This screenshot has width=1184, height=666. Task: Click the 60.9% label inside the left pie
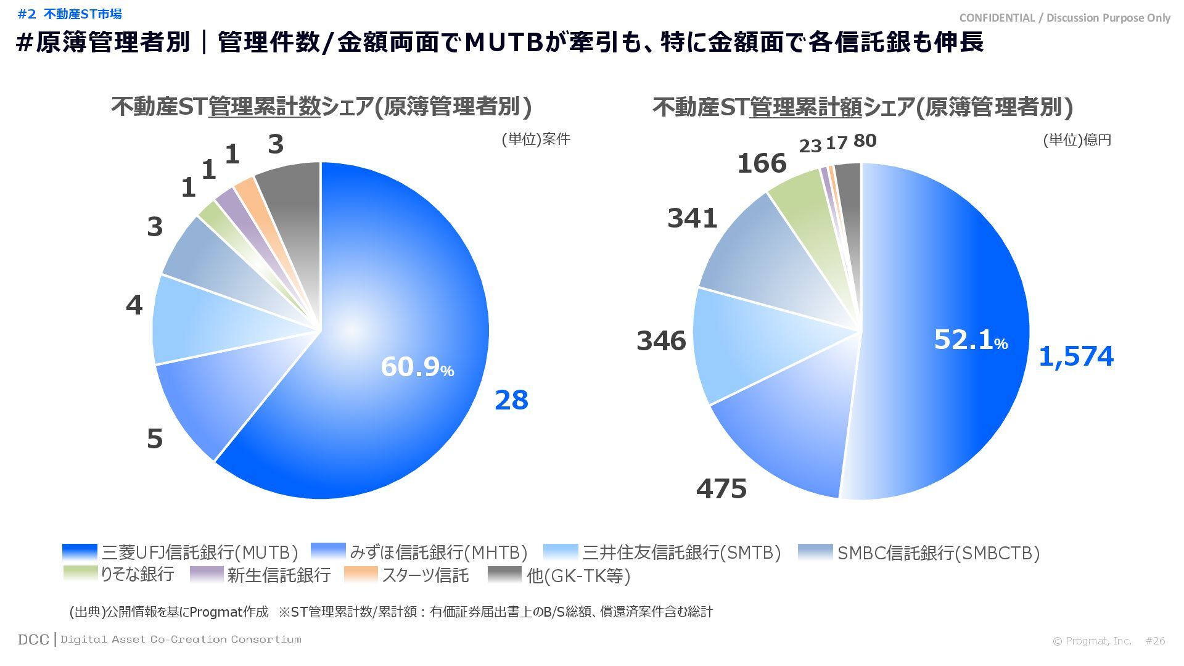pyautogui.click(x=417, y=367)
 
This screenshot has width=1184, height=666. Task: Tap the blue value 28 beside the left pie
pyautogui.click(x=511, y=400)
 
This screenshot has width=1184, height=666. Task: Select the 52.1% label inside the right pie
pyautogui.click(x=970, y=340)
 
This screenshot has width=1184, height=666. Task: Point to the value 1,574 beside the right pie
pyautogui.click(x=1076, y=356)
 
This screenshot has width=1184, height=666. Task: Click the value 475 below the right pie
pyautogui.click(x=721, y=489)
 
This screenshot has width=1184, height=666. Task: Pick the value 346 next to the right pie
pyautogui.click(x=661, y=340)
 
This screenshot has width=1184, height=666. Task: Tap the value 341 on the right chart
pyautogui.click(x=692, y=218)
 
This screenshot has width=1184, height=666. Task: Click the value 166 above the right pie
pyautogui.click(x=762, y=163)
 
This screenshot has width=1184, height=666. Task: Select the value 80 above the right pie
pyautogui.click(x=865, y=141)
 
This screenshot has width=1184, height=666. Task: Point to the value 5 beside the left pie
pyautogui.click(x=155, y=439)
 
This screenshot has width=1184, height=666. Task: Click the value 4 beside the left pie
pyautogui.click(x=134, y=305)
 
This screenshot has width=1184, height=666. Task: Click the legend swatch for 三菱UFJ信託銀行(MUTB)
pyautogui.click(x=80, y=552)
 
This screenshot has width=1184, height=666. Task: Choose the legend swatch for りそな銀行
pyautogui.click(x=80, y=574)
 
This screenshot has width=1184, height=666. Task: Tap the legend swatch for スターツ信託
pyautogui.click(x=361, y=574)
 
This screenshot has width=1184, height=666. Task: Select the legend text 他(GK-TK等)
pyautogui.click(x=578, y=575)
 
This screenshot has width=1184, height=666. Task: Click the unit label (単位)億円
pyautogui.click(x=1077, y=141)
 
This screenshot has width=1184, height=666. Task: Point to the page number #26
pyautogui.click(x=1155, y=641)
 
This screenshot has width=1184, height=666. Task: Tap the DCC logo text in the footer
pyautogui.click(x=33, y=639)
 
